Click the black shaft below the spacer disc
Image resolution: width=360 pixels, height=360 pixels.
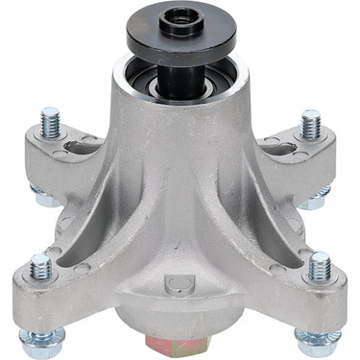point(181,77)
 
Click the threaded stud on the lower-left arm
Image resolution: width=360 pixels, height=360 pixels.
point(41,268)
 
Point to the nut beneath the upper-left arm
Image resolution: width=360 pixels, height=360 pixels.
point(42,198)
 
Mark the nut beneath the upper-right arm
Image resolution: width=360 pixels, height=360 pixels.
point(313,200)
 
